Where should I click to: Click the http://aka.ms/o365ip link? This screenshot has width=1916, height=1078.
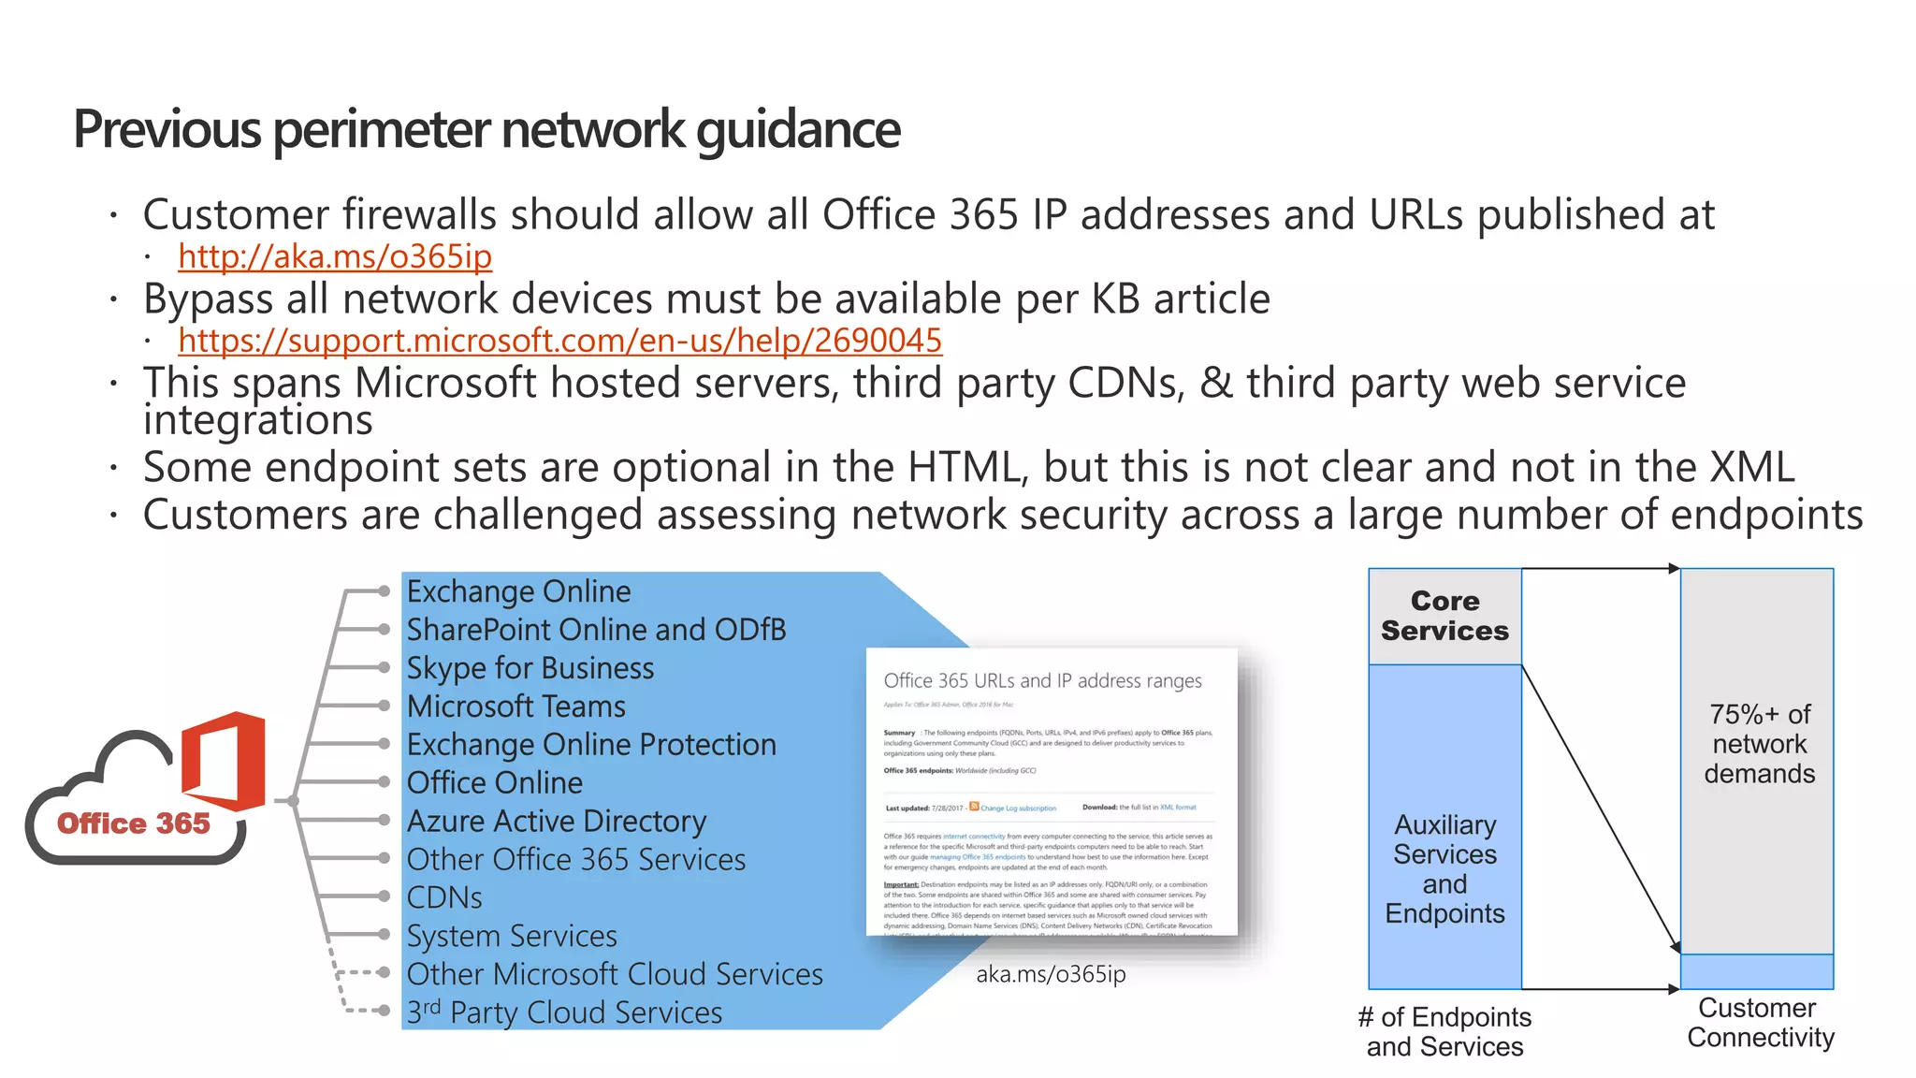pos(335,256)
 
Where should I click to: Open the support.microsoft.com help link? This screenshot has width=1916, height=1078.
pos(559,341)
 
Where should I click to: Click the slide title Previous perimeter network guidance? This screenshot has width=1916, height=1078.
pos(486,129)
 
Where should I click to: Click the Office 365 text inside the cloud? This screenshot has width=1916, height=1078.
pos(134,823)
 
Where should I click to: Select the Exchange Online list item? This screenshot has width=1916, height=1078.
pos(518,591)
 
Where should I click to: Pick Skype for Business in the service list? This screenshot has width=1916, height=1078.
pos(530,668)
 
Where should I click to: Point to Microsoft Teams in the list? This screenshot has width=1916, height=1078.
pos(515,707)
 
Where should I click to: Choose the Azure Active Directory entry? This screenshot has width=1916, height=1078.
pos(557,821)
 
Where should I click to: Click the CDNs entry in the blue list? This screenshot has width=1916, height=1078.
pos(444,897)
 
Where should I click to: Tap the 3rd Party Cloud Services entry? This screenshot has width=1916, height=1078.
pos(564,1012)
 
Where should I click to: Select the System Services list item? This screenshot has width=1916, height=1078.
pos(512,936)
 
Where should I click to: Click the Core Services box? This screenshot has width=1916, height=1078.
pos(1444,616)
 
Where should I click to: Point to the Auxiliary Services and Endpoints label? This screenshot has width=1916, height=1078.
pos(1444,868)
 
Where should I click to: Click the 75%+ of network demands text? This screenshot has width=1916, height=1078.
pos(1759,744)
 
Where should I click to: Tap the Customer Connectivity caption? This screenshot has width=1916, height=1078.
pos(1760,1022)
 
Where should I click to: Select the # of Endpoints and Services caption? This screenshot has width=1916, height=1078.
pos(1444,1031)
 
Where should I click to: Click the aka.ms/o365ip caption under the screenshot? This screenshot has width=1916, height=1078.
pos(1051,974)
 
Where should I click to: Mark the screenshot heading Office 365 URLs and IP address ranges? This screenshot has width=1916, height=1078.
pos(1042,681)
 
